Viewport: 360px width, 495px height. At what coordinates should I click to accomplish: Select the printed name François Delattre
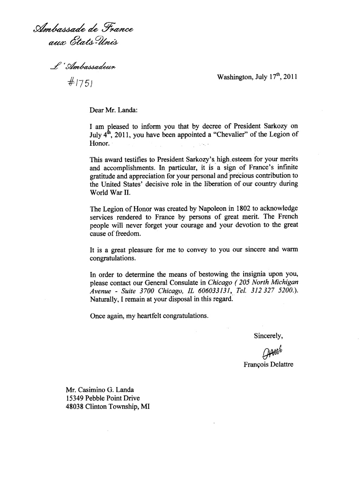pos(268,364)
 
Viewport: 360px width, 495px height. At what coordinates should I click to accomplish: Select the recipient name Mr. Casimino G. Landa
pos(99,390)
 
